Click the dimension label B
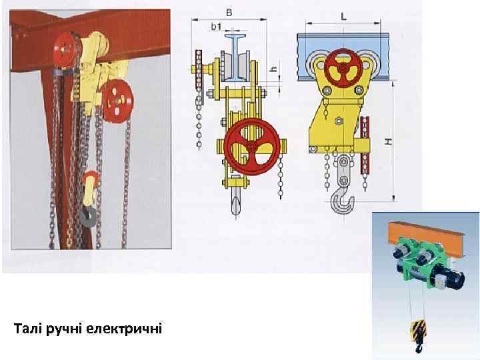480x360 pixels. point(229,13)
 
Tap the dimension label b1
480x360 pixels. point(216,27)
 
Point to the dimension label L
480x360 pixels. point(344,17)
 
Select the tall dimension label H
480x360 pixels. point(388,141)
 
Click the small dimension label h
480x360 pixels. point(274,69)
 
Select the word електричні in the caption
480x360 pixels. point(124,329)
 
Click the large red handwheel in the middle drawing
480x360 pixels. point(251,147)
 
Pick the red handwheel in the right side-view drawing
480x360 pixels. point(343,69)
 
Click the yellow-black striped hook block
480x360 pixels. point(418,331)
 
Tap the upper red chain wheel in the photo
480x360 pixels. point(65,50)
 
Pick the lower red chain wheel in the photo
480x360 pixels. point(117,101)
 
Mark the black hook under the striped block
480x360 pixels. point(419,348)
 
